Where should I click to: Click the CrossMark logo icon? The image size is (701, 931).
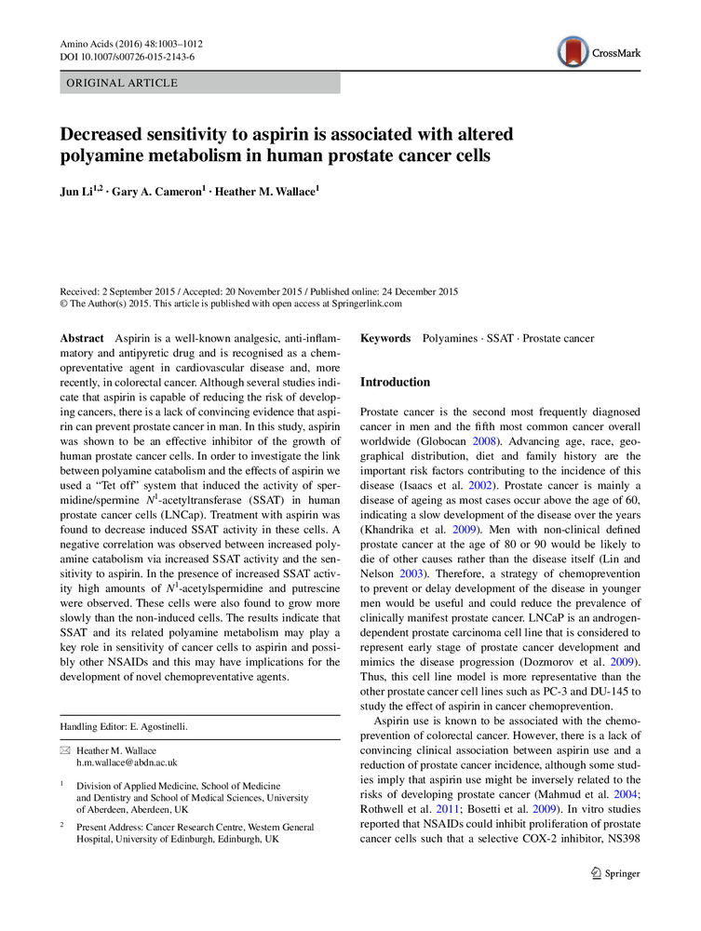pyautogui.click(x=573, y=52)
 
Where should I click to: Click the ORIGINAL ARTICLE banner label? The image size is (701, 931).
pyautogui.click(x=118, y=83)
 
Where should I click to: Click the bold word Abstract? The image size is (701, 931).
pyautogui.click(x=81, y=338)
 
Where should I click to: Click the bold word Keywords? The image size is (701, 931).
pyautogui.click(x=385, y=338)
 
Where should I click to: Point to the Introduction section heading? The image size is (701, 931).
pyautogui.click(x=395, y=383)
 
